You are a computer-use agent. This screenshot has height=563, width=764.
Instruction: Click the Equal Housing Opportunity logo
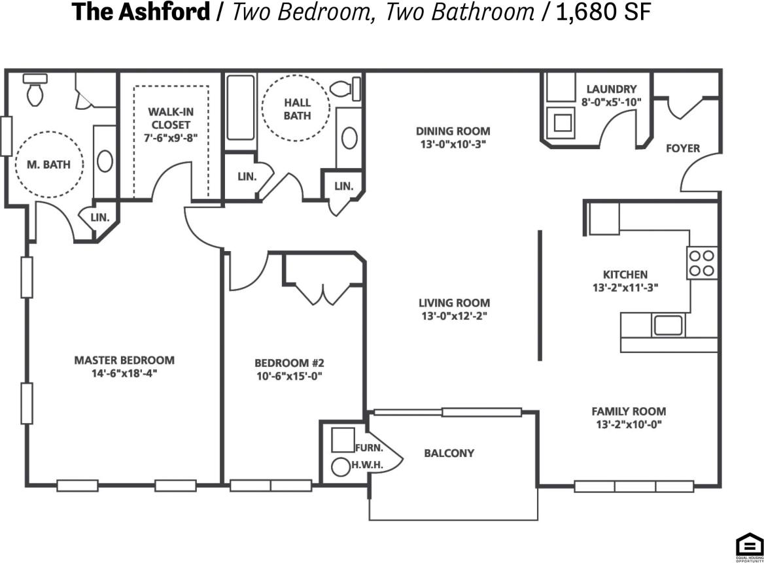point(749,546)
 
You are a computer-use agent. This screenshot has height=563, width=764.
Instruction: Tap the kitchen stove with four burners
point(702,263)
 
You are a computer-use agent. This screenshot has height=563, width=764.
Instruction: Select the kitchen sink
point(667,325)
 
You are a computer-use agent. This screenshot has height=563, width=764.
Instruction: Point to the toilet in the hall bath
point(345,88)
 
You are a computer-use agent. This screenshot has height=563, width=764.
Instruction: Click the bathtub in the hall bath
point(240,108)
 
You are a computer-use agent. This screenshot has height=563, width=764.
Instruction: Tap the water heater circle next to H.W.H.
point(341,467)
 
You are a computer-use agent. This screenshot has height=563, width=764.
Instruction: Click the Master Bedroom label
point(124,360)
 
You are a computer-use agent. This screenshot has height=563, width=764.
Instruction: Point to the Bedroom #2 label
point(289,363)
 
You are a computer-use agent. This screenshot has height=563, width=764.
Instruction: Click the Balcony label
point(449,452)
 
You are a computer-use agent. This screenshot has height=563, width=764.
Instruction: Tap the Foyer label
point(682,148)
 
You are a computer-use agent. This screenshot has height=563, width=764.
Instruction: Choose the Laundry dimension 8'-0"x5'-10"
point(611,101)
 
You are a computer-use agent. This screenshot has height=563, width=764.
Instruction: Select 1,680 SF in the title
point(602,12)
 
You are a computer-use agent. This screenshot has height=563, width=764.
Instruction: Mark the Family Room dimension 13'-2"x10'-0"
point(629,424)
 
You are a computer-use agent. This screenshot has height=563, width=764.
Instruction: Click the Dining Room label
point(453,131)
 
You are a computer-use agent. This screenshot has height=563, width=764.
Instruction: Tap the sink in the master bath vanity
point(105,162)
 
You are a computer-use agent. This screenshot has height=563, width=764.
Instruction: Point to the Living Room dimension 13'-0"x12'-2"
point(454,315)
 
